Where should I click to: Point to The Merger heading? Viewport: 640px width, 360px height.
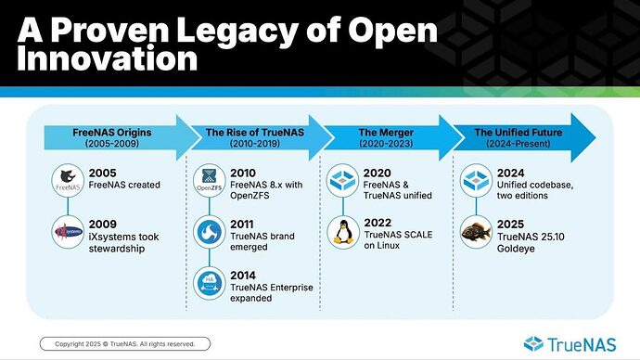coord(379,132)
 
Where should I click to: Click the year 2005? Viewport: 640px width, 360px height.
coord(103,173)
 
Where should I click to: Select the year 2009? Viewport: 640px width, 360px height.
coord(103,224)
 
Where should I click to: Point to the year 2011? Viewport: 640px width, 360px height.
coord(242,224)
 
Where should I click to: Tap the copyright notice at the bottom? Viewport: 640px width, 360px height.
coord(124,343)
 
